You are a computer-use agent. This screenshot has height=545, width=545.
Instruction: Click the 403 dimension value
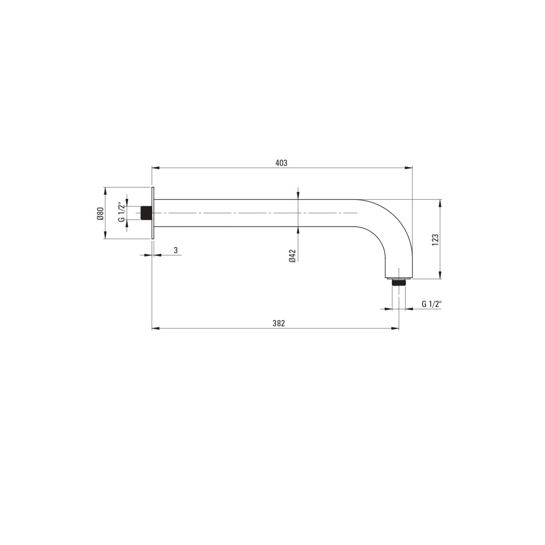(281, 163)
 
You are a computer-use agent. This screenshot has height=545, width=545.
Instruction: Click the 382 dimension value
(278, 323)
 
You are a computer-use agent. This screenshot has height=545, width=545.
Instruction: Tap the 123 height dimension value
(435, 240)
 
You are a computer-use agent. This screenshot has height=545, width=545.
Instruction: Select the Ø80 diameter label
(100, 213)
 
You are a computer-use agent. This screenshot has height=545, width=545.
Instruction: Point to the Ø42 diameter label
(292, 256)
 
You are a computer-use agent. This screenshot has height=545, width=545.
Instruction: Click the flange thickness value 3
(176, 250)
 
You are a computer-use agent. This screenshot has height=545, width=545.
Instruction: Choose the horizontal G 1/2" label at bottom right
(431, 304)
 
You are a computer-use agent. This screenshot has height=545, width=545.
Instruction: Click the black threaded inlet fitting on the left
(146, 213)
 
